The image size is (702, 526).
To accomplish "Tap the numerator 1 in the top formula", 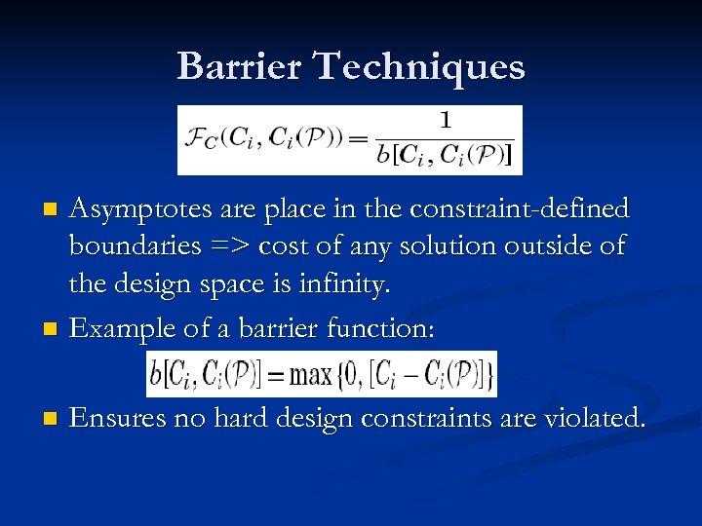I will pos(446,121).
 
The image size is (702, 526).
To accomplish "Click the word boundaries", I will pos(132,247).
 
